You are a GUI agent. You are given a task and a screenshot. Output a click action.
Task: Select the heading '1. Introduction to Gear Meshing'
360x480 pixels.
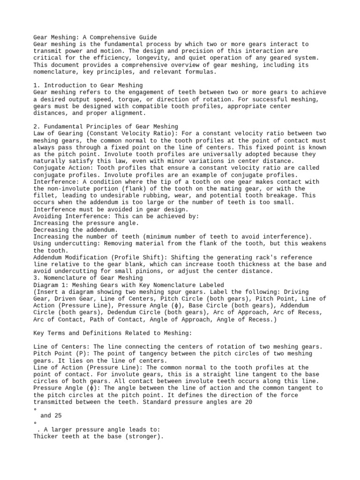click(88, 85)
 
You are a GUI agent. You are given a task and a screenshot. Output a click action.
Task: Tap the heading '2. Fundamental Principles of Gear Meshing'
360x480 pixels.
click(106, 127)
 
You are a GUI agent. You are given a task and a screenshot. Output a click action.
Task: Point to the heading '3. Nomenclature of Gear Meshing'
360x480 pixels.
click(88, 278)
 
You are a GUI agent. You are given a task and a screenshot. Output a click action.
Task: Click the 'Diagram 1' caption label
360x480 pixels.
click(49, 285)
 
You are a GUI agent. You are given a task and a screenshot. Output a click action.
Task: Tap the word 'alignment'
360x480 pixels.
click(127, 113)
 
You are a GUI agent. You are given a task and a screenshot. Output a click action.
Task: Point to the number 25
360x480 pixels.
click(55, 416)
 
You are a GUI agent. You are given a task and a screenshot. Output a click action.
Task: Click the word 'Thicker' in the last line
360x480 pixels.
click(47, 436)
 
